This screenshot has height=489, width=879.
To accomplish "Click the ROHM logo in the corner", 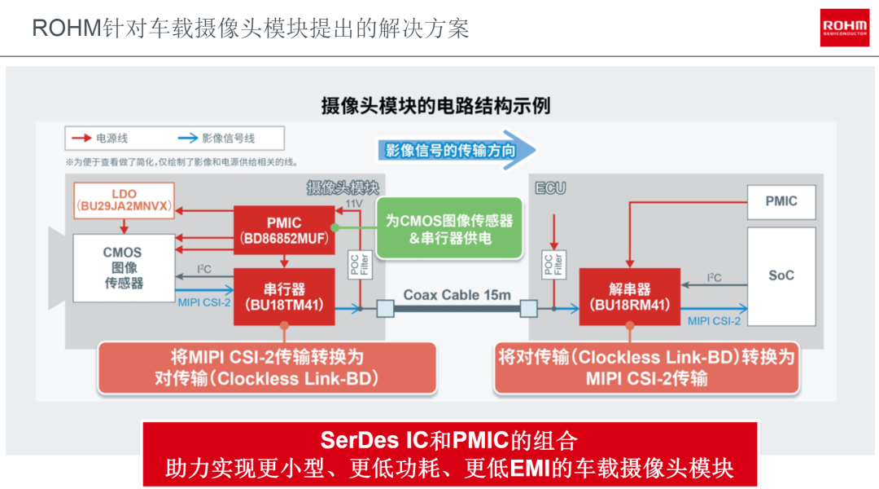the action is tap(844, 28).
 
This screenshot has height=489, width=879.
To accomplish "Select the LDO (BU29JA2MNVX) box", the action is tap(124, 200).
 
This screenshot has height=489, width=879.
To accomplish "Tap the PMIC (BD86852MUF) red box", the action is tap(284, 230).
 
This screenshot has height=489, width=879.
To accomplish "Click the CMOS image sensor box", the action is tap(124, 268).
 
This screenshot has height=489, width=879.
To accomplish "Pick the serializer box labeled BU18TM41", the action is tap(284, 297).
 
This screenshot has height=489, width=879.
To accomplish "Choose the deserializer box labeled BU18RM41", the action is tap(629, 297).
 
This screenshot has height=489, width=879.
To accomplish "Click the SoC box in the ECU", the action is tap(781, 276).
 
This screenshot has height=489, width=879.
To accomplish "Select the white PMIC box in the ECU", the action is tap(781, 202).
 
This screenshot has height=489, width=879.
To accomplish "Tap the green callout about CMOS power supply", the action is tap(449, 228).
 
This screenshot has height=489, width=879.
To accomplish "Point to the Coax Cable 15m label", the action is tap(457, 295).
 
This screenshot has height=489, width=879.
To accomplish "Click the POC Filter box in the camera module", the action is tap(360, 264).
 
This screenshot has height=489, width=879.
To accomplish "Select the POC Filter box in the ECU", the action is tap(554, 264).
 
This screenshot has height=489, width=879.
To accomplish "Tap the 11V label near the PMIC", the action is tap(354, 203).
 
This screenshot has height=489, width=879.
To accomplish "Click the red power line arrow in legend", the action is tap(82, 138).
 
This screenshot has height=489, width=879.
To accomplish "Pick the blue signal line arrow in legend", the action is tap(188, 138).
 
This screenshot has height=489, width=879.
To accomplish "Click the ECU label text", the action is tap(550, 188).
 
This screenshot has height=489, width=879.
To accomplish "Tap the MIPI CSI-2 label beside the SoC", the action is tap(714, 321).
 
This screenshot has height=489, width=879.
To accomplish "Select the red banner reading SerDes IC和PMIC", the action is tap(449, 454).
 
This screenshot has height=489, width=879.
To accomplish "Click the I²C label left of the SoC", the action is tap(715, 277).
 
